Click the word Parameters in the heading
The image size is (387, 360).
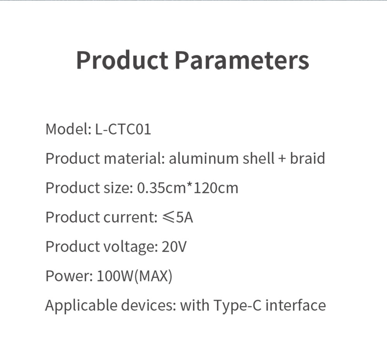242,60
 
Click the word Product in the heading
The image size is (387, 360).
122,60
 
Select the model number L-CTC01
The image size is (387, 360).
123,129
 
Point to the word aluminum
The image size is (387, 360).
204,158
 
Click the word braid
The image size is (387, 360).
307,158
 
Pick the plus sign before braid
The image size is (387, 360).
282,159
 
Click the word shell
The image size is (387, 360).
259,158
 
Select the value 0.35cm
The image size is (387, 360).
161,188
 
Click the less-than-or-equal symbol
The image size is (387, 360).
168,217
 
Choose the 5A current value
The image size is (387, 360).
184,217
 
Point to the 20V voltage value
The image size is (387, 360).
174,247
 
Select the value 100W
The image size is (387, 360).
115,276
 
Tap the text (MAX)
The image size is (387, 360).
153,276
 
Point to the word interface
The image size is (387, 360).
296,305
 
